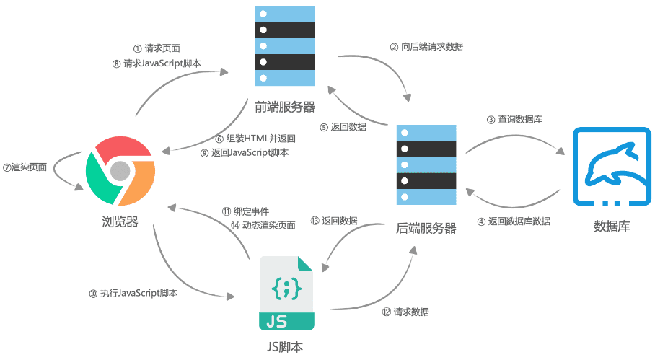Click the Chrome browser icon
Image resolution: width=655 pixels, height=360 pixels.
click(120, 170)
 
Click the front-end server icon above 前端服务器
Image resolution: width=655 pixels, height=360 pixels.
click(285, 45)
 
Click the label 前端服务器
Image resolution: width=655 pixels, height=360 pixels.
click(285, 107)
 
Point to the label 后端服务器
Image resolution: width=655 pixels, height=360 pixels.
click(427, 228)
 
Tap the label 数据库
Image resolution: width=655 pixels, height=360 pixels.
click(612, 226)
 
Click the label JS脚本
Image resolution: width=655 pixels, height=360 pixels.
click(285, 347)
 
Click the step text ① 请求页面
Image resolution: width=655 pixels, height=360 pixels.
click(157, 48)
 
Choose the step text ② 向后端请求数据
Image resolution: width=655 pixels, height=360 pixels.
click(426, 46)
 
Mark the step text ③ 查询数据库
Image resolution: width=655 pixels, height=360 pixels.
click(514, 119)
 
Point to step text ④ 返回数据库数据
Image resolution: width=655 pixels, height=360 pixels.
click(514, 221)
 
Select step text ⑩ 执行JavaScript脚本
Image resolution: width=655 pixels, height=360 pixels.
click(133, 294)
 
